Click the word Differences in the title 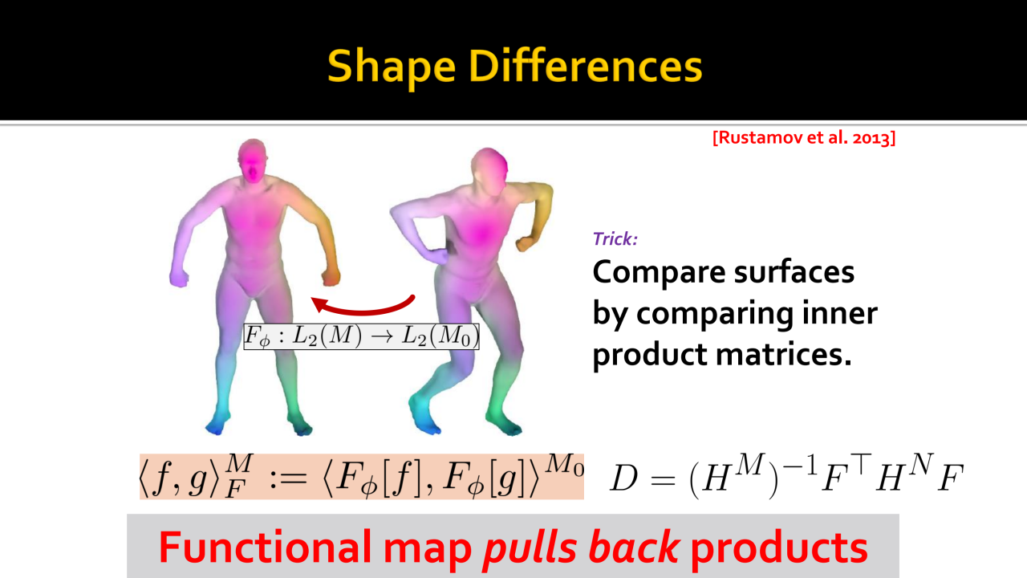(x=586, y=66)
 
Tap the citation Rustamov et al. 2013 (x=804, y=137)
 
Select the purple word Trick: (x=615, y=239)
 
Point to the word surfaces (x=794, y=271)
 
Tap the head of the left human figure (x=252, y=161)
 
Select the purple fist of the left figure (x=179, y=278)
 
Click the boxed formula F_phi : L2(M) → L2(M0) (x=361, y=336)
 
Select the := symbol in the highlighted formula (x=288, y=478)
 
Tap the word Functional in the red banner (x=265, y=547)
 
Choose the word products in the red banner (x=779, y=549)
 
